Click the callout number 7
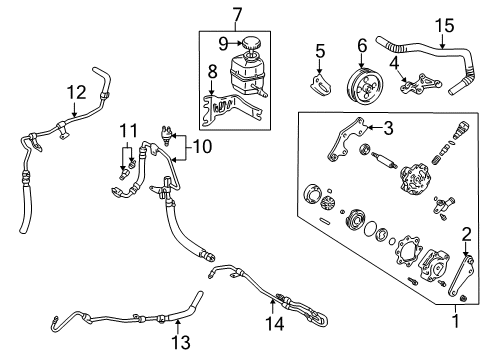point(236,14)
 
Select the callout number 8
point(211,71)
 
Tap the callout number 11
point(126,130)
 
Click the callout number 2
point(464,262)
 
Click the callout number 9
point(225,43)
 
